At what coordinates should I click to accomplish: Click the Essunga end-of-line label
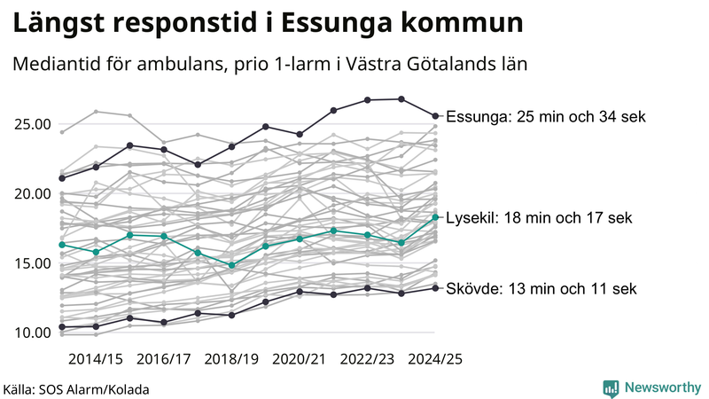click(546, 116)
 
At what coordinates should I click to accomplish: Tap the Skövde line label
click(541, 288)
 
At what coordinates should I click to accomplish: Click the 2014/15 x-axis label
click(96, 359)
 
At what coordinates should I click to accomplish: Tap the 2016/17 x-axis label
click(164, 359)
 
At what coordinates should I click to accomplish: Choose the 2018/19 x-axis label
click(231, 359)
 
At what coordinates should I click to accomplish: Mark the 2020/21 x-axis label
click(300, 359)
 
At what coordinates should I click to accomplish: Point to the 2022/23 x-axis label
click(367, 359)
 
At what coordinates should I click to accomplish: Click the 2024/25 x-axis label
click(434, 359)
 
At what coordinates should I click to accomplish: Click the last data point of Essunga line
click(435, 115)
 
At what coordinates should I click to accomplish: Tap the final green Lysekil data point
click(435, 216)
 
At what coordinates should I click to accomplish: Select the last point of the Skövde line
click(435, 287)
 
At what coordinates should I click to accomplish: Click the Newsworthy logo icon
click(611, 387)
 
